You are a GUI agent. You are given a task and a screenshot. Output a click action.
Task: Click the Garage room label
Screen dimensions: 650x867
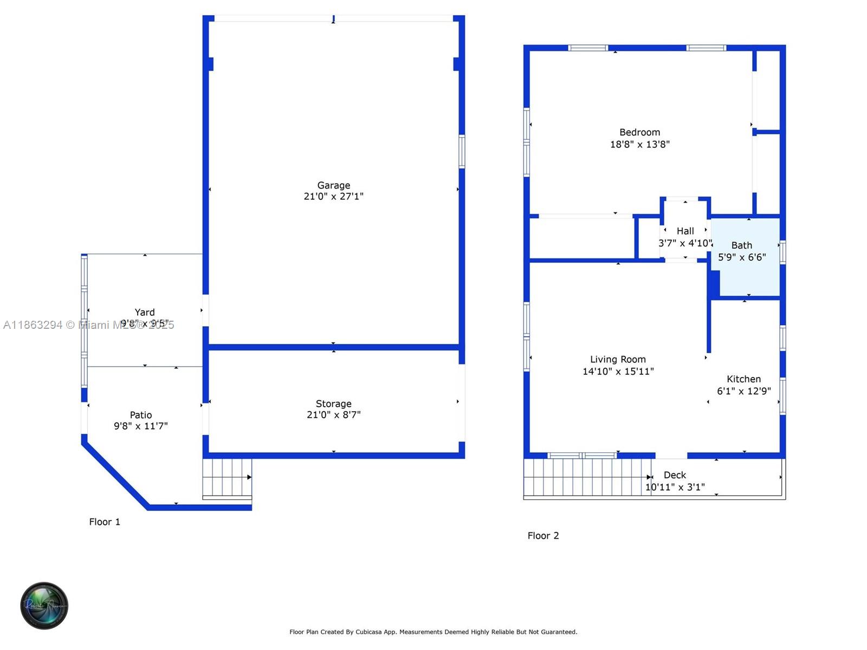333,185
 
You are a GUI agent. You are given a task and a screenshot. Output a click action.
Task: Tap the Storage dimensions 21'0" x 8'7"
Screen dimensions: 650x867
333,415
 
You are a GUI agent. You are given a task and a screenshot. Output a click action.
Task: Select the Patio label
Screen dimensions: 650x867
141,415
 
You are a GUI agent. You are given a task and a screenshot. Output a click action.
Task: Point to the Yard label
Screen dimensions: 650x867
145,312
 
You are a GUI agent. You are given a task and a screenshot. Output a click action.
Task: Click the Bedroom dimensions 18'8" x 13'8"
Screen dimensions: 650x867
639,144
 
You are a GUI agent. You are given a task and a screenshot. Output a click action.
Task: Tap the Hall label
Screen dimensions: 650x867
685,231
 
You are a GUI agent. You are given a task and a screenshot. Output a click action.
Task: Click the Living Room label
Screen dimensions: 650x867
618,359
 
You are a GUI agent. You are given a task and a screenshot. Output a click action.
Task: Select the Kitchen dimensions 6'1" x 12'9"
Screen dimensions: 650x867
743,391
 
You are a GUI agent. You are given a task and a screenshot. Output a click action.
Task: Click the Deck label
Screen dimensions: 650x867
675,475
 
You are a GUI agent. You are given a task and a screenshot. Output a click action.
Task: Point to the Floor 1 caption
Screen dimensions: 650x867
105,522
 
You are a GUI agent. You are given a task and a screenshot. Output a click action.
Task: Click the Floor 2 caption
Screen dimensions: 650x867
543,536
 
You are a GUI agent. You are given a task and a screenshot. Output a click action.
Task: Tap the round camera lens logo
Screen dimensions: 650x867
44,606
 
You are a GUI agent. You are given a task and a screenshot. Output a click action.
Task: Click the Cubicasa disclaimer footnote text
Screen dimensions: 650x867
433,632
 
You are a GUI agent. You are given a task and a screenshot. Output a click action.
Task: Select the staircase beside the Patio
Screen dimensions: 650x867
227,478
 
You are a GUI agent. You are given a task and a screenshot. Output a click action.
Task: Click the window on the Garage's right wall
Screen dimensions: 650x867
462,152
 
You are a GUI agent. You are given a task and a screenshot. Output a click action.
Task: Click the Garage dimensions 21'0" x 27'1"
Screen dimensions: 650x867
333,197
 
